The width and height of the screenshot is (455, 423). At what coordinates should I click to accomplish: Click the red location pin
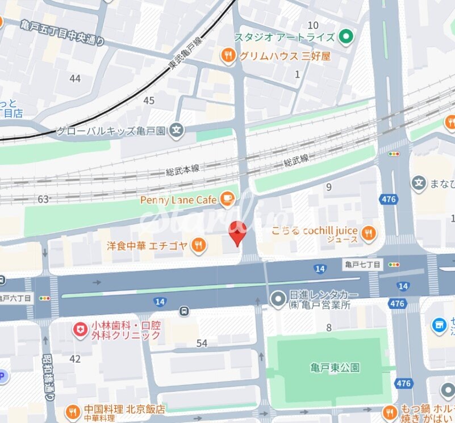237,233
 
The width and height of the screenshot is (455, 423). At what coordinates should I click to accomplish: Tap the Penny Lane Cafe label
178,200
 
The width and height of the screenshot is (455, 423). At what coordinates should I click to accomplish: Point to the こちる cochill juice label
314,231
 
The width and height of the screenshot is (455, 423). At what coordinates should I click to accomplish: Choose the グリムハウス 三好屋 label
284,56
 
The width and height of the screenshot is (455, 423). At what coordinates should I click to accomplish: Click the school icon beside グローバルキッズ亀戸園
177,131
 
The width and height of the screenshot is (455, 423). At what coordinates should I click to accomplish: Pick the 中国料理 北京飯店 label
124,409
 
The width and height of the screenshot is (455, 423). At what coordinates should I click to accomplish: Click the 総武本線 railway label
183,169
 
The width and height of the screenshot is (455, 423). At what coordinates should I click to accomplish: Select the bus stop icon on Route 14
184,311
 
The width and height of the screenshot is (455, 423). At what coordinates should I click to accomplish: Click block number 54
202,343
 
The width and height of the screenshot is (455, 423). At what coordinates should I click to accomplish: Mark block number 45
149,100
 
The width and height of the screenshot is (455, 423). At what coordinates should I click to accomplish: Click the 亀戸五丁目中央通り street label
62,32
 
